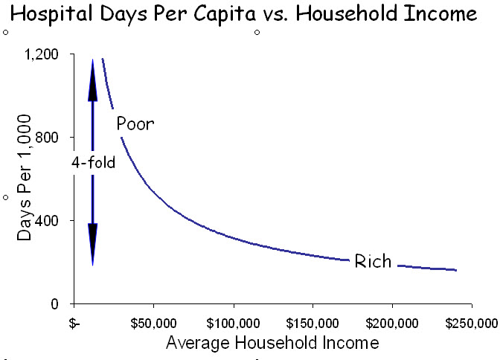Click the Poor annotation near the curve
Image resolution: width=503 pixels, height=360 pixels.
135,123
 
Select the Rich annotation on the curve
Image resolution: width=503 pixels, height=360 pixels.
373,262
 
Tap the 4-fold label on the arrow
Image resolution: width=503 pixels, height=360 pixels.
94,162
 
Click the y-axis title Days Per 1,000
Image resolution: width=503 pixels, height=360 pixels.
25,177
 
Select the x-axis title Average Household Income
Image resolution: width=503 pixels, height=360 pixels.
272,343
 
